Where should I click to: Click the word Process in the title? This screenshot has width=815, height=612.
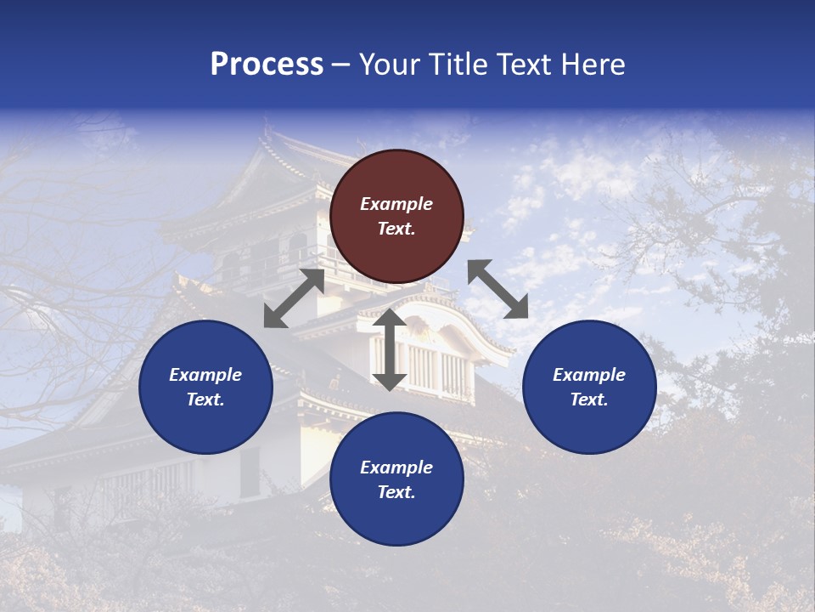pos(267,65)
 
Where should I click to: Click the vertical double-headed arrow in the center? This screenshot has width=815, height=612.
pos(390,349)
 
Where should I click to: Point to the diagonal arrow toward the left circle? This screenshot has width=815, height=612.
pos(294,298)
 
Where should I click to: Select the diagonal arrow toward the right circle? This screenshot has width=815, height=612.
pos(497,289)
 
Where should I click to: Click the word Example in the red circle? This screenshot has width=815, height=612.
pos(396,204)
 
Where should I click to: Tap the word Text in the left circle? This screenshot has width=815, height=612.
pos(205,399)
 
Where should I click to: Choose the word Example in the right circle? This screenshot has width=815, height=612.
pos(589,375)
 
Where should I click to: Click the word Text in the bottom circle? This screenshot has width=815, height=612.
pos(396,492)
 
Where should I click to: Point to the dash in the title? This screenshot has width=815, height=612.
pos(341,65)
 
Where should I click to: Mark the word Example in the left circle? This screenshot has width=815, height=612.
pos(205,375)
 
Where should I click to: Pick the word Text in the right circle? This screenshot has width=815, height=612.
pos(589,399)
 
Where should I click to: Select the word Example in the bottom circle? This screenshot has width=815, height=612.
pos(396,467)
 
